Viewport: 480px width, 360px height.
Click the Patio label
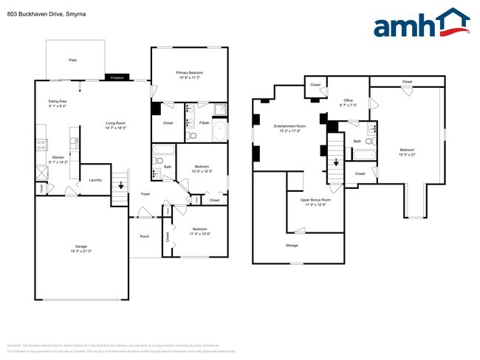[73, 59]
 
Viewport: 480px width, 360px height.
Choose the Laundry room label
[95, 179]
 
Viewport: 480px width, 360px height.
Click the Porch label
[145, 236]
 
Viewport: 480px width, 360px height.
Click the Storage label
[292, 244]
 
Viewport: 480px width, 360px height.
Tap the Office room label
[349, 100]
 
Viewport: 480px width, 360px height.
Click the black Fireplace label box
[117, 77]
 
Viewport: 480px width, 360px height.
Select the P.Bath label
[202, 122]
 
